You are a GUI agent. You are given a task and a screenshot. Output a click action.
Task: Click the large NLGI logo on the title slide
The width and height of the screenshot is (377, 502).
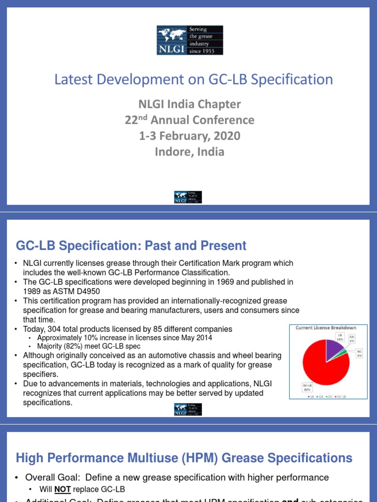190,40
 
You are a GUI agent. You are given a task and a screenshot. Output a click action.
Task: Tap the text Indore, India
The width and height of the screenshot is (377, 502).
189,151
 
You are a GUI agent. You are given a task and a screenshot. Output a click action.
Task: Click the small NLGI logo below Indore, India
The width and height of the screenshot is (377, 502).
188,197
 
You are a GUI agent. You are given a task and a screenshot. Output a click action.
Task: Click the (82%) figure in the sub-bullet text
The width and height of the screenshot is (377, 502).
77,346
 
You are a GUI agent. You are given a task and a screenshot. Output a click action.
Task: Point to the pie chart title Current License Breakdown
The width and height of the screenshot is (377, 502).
326,327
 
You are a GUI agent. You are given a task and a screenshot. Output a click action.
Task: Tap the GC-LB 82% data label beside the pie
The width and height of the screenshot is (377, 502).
307,388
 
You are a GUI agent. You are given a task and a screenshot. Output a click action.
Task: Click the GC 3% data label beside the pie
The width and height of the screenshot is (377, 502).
359,353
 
